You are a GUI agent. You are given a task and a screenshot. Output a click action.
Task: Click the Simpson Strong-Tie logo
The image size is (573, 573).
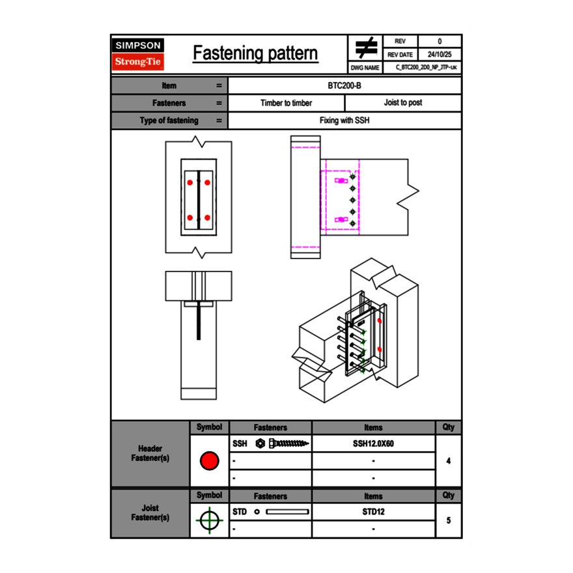(x=138, y=54)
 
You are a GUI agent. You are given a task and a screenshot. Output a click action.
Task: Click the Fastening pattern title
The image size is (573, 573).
(x=255, y=53)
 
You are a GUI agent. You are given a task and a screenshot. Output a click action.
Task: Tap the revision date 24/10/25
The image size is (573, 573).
(x=440, y=55)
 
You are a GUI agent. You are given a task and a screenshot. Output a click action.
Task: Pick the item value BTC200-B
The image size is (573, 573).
(x=345, y=86)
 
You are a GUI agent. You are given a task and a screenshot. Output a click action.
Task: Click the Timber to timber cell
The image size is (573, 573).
(x=286, y=103)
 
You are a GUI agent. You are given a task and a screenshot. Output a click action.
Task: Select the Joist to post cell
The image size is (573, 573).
(x=403, y=103)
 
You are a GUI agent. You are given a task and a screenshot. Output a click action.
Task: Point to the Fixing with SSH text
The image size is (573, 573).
(x=345, y=120)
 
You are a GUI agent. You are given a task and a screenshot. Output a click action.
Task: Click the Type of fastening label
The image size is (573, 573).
(x=169, y=120)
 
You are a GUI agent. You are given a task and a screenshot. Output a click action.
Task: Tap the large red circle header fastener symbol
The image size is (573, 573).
(x=209, y=461)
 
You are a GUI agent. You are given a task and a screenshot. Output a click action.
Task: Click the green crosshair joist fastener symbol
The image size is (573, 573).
(x=209, y=521)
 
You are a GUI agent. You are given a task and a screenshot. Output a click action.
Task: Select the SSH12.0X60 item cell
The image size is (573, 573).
(x=373, y=443)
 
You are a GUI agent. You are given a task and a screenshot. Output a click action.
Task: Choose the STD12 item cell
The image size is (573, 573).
(x=373, y=512)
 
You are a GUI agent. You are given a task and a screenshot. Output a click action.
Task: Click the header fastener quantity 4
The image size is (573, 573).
(x=449, y=461)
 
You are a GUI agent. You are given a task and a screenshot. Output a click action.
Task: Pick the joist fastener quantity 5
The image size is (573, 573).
(x=449, y=521)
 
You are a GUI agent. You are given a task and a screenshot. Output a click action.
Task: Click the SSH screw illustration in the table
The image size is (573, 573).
(x=283, y=443)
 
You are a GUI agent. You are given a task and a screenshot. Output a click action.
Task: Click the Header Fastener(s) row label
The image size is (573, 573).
(x=150, y=453)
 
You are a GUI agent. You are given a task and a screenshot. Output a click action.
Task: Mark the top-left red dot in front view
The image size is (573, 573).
(x=189, y=182)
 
